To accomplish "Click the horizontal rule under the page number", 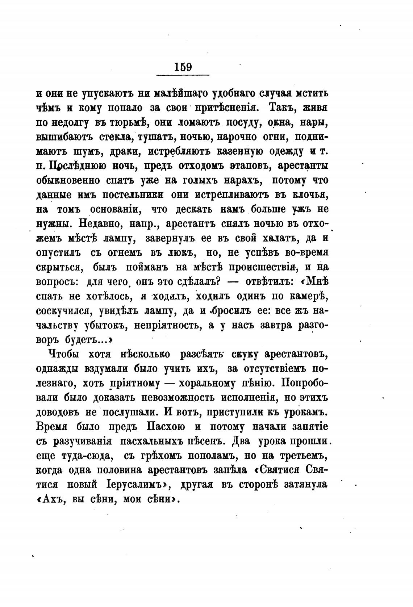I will [x=183, y=75].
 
